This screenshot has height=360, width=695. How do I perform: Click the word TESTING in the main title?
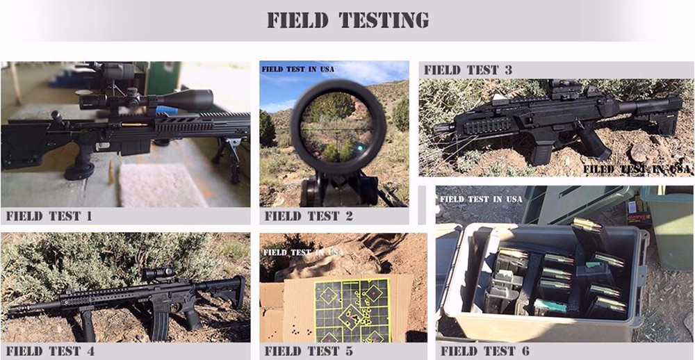(x=384, y=20)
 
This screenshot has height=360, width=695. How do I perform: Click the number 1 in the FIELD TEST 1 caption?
(x=89, y=216)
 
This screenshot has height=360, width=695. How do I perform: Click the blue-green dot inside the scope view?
(x=360, y=147)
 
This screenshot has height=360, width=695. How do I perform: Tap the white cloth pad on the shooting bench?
(x=157, y=184)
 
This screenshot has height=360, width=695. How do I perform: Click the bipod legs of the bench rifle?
(x=227, y=156)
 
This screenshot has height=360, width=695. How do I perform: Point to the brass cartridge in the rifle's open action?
(x=136, y=124)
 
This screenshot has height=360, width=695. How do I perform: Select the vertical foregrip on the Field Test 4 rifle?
(x=88, y=325)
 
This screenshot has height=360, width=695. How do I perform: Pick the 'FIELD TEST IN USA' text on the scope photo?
(x=298, y=69)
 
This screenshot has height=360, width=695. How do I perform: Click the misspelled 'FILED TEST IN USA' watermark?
(x=637, y=169)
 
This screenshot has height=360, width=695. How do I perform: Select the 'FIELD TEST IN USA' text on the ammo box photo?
(x=481, y=199)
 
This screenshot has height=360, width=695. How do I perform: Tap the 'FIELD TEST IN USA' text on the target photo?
(x=304, y=252)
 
